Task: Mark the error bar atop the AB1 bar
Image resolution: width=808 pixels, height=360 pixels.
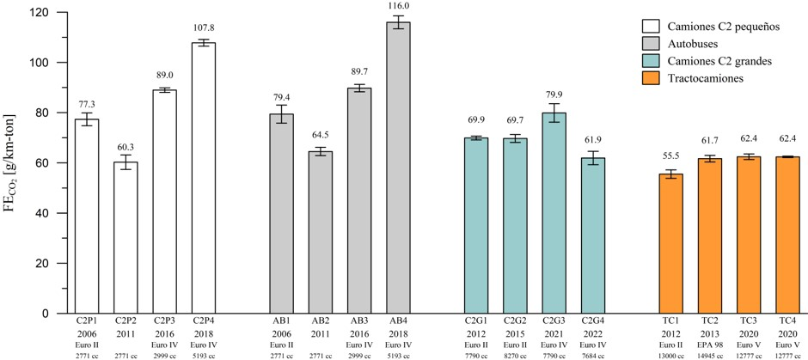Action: click(282, 113)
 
